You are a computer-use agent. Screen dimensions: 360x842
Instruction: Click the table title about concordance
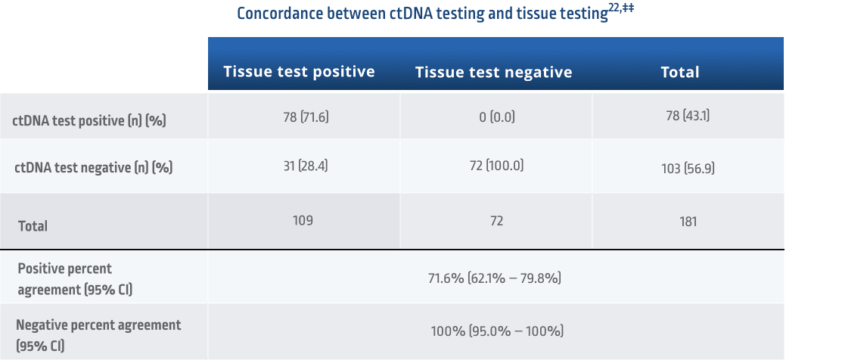422,15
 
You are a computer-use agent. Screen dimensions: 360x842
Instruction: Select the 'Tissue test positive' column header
299,72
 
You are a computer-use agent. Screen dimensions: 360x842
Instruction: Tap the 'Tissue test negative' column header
493,73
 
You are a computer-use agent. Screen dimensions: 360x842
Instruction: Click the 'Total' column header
679,73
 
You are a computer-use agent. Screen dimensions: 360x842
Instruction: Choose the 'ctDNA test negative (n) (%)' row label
93,168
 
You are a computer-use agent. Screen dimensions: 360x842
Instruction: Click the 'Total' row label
33,226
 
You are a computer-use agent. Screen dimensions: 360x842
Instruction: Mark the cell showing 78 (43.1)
688,117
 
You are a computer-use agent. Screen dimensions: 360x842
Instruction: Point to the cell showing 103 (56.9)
688,168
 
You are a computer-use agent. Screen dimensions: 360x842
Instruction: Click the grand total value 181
688,222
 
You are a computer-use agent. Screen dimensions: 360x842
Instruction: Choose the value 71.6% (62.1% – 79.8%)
495,278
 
